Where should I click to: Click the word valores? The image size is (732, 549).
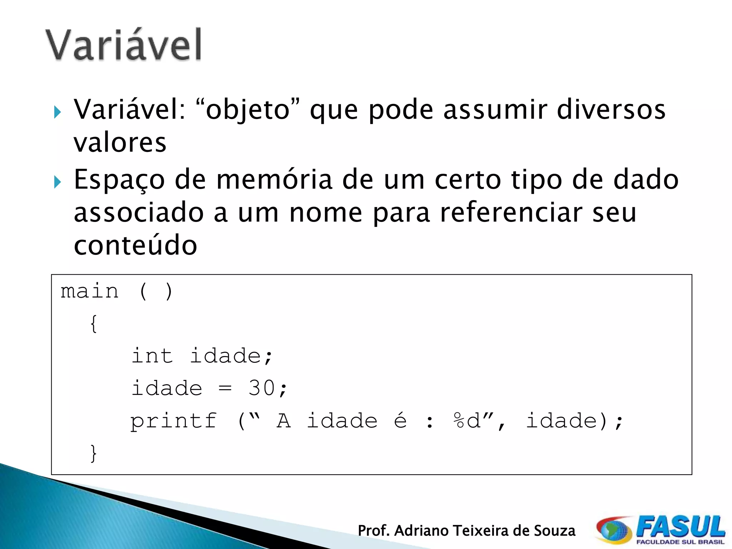120,142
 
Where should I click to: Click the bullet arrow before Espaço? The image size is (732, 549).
58,182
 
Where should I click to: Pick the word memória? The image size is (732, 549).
274,179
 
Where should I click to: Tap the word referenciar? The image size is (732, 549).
511,213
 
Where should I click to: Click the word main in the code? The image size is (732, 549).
89,291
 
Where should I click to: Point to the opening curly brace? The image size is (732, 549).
94,324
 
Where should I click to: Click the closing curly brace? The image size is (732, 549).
94,453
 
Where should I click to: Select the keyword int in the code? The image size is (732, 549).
152,356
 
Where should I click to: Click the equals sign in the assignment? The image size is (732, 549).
225,388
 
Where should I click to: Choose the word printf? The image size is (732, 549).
174,421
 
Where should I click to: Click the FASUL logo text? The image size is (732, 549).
681,527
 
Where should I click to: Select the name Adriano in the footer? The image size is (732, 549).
422,531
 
